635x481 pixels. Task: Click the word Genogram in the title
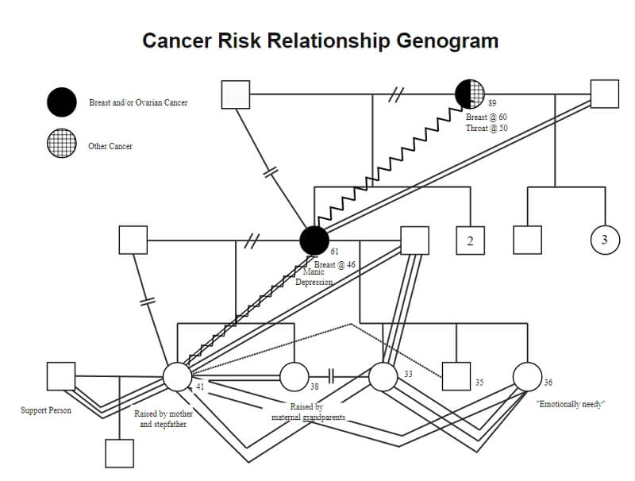[448, 41]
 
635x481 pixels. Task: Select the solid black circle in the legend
[62, 102]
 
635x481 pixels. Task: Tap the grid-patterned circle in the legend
[62, 144]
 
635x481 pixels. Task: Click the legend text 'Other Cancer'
[110, 146]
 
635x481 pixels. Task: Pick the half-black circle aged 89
[470, 94]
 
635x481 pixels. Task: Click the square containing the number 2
[470, 240]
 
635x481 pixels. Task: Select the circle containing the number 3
[605, 240]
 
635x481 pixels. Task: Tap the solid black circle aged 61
[314, 240]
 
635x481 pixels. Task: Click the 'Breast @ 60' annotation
[486, 117]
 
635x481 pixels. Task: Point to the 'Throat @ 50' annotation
[487, 128]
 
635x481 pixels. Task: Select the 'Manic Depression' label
[314, 277]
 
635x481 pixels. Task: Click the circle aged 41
[177, 376]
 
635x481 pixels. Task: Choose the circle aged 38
[294, 376]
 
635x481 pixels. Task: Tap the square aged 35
[456, 376]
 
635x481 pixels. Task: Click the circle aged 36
[527, 376]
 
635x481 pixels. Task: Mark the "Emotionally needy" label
[570, 404]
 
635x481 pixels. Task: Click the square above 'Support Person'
[61, 376]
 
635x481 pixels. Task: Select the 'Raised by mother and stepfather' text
[164, 419]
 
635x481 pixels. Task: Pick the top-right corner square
[605, 94]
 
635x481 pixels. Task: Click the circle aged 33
[383, 376]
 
